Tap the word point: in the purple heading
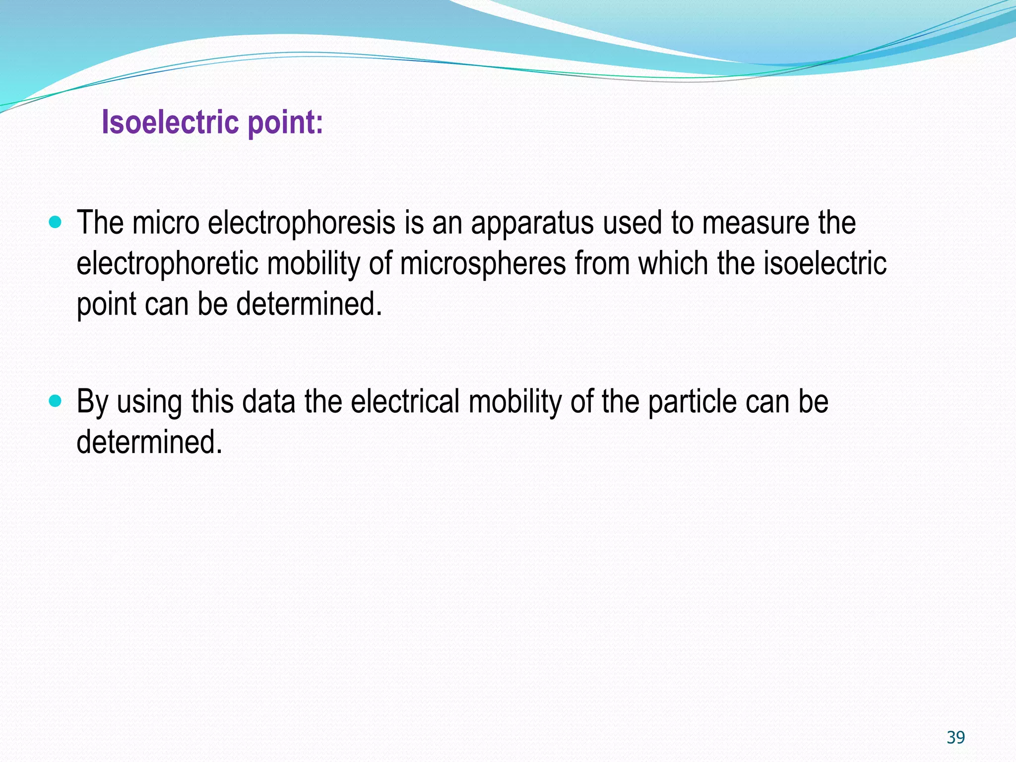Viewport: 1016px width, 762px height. coord(285,123)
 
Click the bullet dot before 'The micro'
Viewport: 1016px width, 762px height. coord(56,222)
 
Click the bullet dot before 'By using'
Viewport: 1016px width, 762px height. coord(56,400)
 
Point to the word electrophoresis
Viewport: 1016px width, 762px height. coord(302,223)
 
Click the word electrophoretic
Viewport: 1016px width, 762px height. coord(167,263)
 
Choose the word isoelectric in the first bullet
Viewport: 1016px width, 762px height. coord(825,263)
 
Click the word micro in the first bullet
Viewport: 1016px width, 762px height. coord(166,223)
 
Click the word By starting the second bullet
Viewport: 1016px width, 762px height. coord(92,402)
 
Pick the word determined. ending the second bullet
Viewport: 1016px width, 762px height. coord(149,442)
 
